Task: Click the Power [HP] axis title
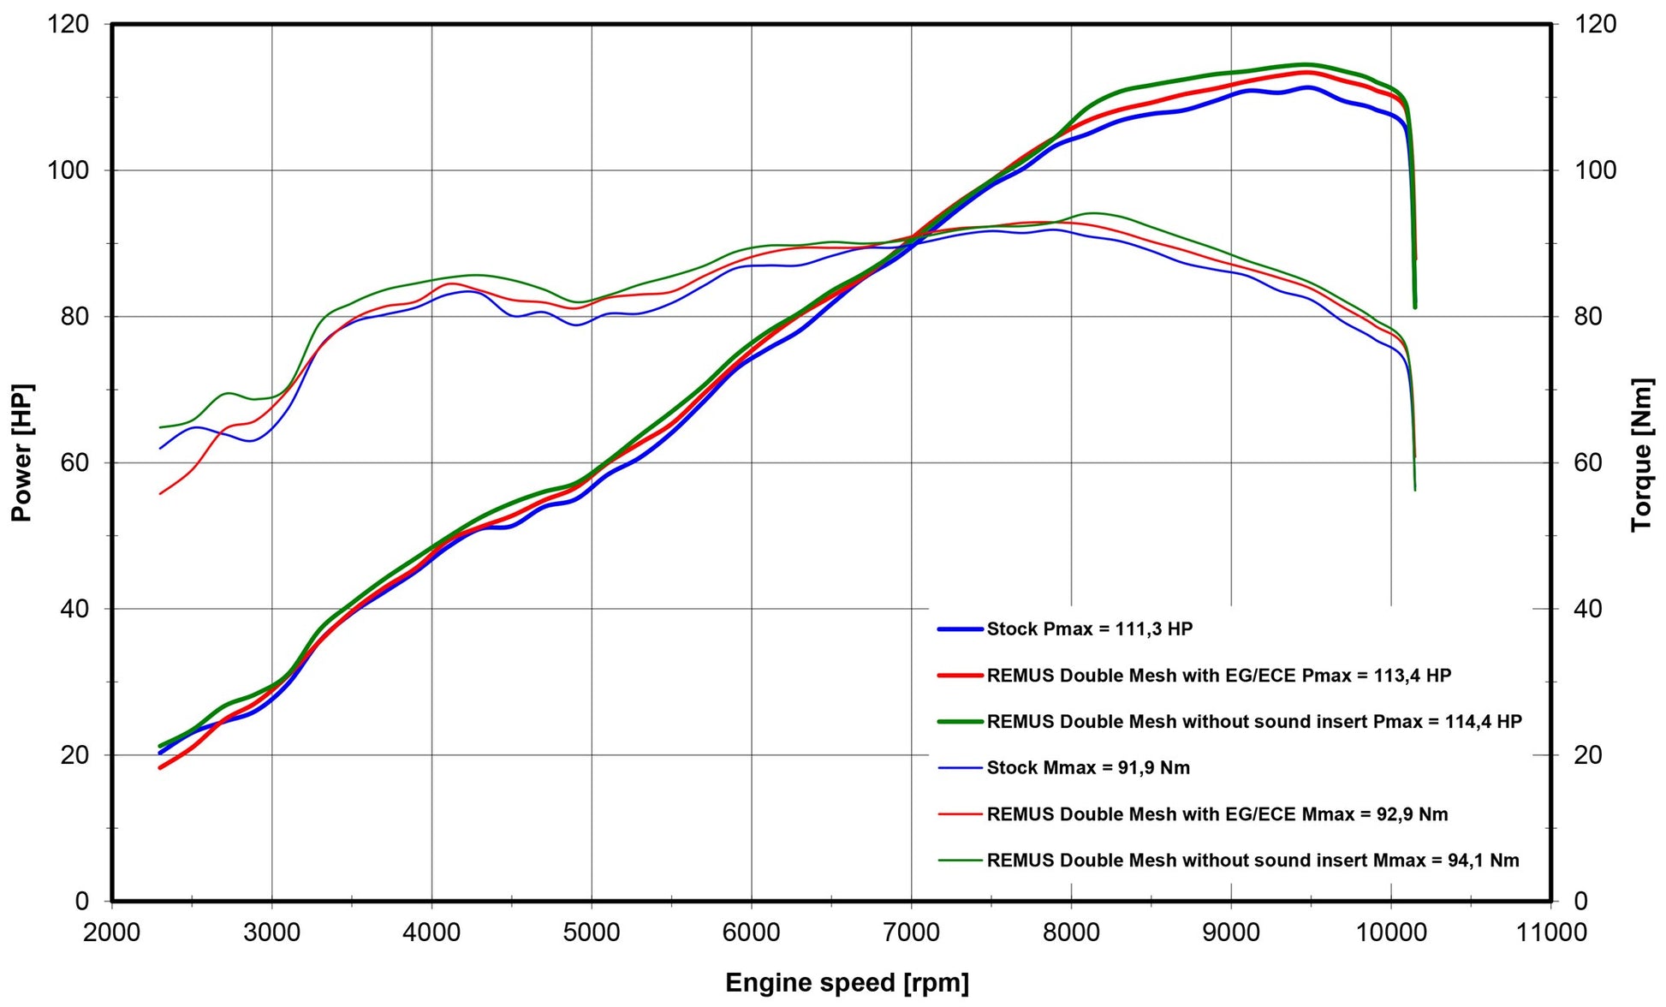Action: (21, 452)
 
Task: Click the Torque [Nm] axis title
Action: (1641, 454)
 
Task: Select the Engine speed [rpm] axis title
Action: (847, 982)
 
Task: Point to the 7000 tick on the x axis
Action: (911, 932)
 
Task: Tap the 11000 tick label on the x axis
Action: (1550, 932)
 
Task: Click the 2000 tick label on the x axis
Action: (111, 932)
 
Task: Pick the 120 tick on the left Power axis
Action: (68, 24)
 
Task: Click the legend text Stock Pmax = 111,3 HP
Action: (1089, 629)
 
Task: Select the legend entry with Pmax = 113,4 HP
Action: (1218, 676)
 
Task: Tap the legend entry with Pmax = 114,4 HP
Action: (1253, 722)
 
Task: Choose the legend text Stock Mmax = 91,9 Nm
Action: (1087, 768)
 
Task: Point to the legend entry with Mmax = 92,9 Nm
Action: (1217, 814)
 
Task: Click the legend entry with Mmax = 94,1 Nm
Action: (1252, 861)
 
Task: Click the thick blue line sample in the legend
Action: (960, 629)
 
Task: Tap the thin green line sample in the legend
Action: (960, 861)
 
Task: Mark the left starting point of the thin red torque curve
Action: (160, 494)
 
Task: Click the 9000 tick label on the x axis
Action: (1231, 932)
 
